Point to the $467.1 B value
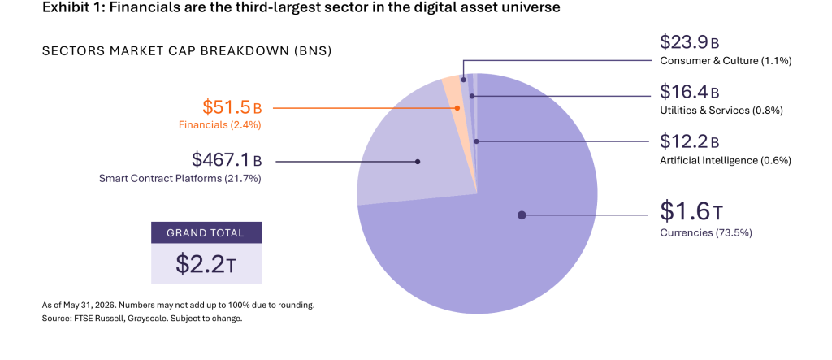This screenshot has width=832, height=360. pos(227,159)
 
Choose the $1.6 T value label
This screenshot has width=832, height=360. pos(691,211)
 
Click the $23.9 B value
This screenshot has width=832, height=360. pos(690,42)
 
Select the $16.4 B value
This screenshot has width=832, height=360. pos(690,92)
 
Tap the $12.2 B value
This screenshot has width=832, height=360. pos(690,141)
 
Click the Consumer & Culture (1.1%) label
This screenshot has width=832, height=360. pos(726,61)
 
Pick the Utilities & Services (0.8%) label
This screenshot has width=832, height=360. pos(721,111)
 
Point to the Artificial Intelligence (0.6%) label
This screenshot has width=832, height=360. pos(726,160)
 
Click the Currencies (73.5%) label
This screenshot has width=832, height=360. pos(706,232)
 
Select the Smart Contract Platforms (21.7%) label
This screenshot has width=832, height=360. pos(180,179)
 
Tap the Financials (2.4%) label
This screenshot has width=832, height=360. pos(220,125)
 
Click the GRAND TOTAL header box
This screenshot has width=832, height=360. pos(206,232)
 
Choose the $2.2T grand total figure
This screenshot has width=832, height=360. pos(206,264)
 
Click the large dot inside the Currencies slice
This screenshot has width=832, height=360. pos(522,215)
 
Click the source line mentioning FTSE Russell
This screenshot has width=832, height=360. pos(142,319)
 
